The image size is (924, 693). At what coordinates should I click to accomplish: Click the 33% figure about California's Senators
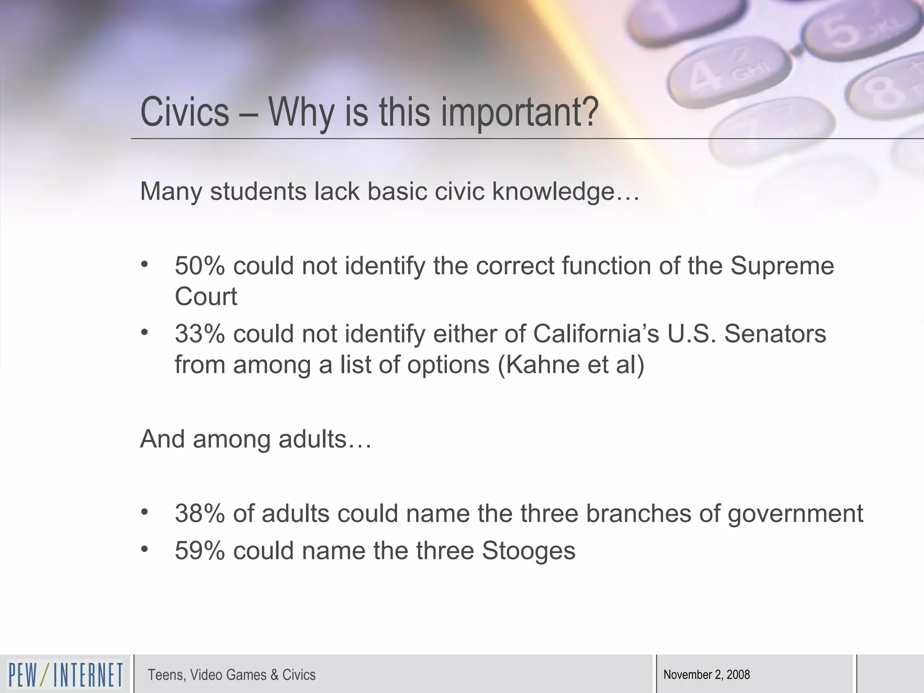coord(199,334)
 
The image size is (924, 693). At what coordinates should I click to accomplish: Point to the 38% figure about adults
coord(199,513)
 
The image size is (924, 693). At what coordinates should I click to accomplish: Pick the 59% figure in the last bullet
coord(199,551)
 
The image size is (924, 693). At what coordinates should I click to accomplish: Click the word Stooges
coord(528,551)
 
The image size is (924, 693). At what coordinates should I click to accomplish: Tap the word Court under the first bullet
coord(206,296)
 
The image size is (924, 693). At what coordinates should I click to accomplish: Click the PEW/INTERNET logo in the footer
coord(65,675)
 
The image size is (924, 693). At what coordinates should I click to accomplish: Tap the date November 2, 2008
coord(707,675)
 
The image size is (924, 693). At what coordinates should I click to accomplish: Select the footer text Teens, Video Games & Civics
coord(231,675)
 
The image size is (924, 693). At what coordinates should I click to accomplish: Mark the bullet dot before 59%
coord(144,549)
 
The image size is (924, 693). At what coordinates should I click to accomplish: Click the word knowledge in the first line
coord(553,192)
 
